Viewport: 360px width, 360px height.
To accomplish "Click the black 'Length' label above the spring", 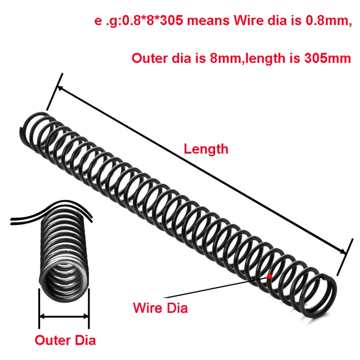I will pyautogui.click(x=206, y=149).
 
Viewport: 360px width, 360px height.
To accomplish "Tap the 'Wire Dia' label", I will pyautogui.click(x=160, y=308).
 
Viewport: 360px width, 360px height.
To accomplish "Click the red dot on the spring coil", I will pyautogui.click(x=269, y=276).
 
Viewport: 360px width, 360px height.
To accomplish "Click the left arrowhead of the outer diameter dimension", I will pyautogui.click(x=42, y=317).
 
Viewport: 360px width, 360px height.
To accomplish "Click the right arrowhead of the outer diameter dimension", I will pyautogui.click(x=87, y=317).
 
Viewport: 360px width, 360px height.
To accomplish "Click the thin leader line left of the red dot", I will pyautogui.click(x=216, y=288).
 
